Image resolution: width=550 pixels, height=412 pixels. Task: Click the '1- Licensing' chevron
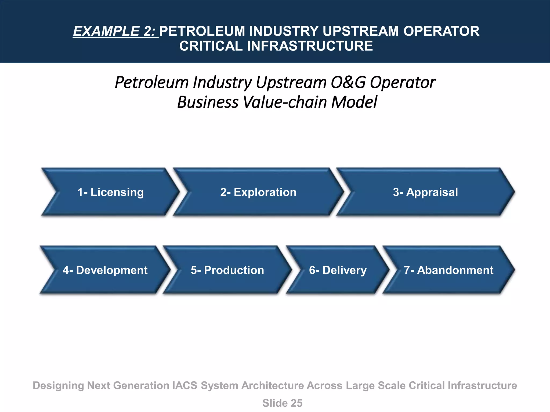click(x=110, y=192)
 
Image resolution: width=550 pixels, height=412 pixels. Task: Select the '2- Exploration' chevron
click(x=258, y=192)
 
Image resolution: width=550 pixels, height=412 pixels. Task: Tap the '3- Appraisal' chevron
click(x=425, y=192)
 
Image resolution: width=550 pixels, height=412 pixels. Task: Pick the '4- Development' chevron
click(x=105, y=270)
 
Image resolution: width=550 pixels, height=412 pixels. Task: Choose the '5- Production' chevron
click(x=227, y=270)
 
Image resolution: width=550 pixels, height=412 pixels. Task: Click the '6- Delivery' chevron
click(x=338, y=270)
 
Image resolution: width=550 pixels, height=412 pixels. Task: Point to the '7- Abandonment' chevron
click(x=448, y=270)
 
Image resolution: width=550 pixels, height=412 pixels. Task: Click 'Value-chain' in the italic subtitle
click(x=284, y=102)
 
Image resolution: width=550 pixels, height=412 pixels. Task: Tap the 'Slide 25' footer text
click(x=282, y=403)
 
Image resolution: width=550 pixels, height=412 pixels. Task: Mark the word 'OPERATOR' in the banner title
click(x=441, y=31)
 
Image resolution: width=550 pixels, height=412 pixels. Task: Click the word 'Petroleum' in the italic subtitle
click(x=152, y=82)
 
